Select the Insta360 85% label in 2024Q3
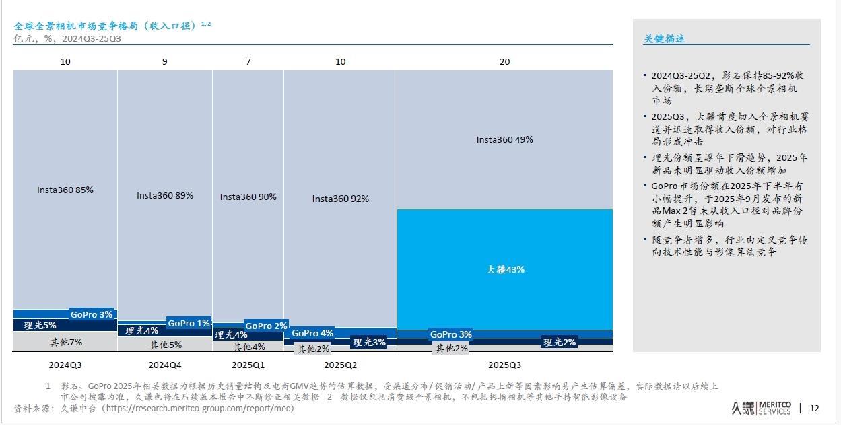tap(65, 190)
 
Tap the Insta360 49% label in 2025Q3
tap(504, 140)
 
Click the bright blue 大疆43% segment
tap(505, 269)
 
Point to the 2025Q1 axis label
tap(248, 365)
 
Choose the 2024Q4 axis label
tap(164, 365)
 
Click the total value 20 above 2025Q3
tap(504, 61)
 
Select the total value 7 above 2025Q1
tap(248, 61)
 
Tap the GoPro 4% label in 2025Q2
tap(312, 333)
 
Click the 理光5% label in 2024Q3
tap(40, 325)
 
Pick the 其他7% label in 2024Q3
tap(66, 342)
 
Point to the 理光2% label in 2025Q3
tap(559, 342)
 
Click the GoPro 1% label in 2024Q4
tap(189, 323)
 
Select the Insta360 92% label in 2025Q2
tap(340, 199)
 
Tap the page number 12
tap(814, 408)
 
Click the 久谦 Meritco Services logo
tap(761, 408)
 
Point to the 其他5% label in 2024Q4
tap(166, 345)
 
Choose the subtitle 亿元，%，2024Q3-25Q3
tap(67, 38)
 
